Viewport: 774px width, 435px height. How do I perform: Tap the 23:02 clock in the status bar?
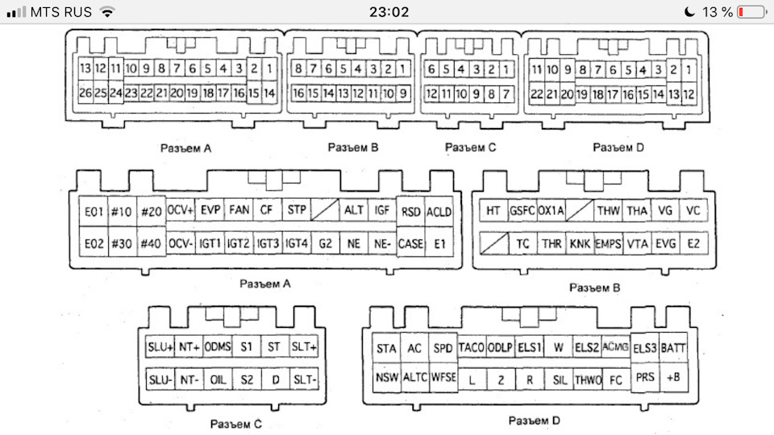tap(387, 12)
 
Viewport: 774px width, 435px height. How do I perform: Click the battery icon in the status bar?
tap(753, 12)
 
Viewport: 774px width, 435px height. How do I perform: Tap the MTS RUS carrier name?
tap(60, 12)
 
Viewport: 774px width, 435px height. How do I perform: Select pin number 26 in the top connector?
tap(85, 93)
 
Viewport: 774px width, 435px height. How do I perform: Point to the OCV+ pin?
tap(181, 211)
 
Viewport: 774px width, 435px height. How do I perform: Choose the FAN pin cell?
tap(239, 211)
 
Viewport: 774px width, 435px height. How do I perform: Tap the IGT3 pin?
tap(268, 242)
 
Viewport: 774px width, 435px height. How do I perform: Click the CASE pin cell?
tap(410, 242)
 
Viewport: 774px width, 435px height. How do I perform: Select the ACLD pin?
tap(439, 211)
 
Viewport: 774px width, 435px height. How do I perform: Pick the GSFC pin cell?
tap(522, 211)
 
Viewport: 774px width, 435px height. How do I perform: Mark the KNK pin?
tap(580, 242)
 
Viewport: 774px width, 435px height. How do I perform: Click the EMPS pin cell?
tap(608, 242)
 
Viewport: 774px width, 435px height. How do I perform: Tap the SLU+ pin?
tap(160, 348)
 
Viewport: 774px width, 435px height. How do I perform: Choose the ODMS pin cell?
tap(218, 348)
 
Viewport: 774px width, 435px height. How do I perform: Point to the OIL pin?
tap(218, 379)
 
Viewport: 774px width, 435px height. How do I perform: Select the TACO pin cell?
tap(472, 348)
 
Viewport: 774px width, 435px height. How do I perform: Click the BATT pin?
tap(673, 348)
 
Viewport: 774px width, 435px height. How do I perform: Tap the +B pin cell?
tap(673, 377)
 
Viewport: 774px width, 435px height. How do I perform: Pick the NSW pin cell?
tap(386, 377)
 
